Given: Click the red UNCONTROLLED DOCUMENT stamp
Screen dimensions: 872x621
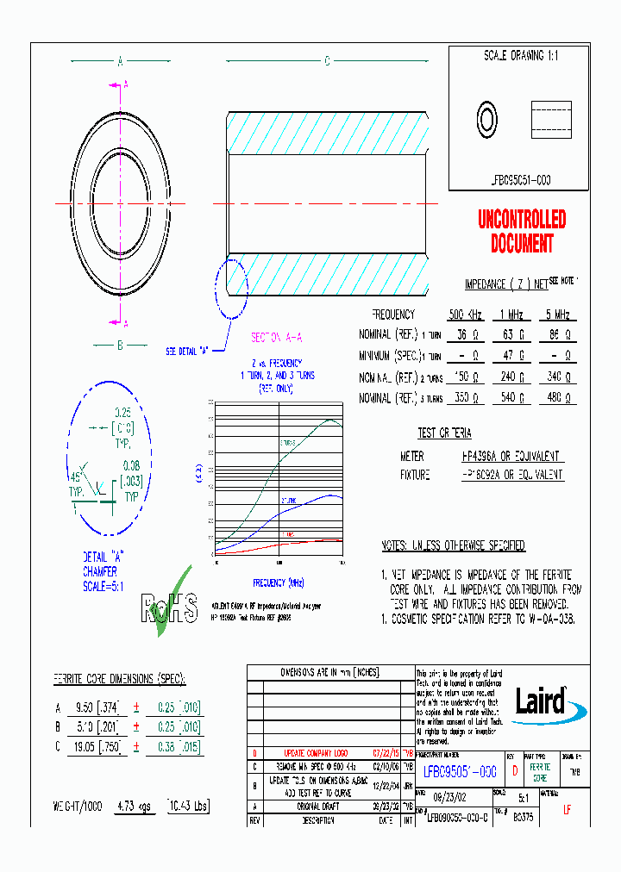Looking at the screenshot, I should click(x=522, y=232).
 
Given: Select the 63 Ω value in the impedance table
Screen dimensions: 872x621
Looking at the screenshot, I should click(x=514, y=334).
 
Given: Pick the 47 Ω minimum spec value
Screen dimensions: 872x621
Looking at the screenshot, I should click(x=514, y=356).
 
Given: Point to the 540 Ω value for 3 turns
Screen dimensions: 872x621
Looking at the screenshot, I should click(x=514, y=399).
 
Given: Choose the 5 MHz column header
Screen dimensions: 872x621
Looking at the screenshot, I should click(x=558, y=315).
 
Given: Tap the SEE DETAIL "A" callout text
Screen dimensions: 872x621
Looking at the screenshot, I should click(x=188, y=352).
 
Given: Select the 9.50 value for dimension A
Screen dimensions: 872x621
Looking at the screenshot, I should click(x=83, y=707).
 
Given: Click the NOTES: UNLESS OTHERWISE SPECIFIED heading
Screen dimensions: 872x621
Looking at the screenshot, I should click(x=453, y=546).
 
